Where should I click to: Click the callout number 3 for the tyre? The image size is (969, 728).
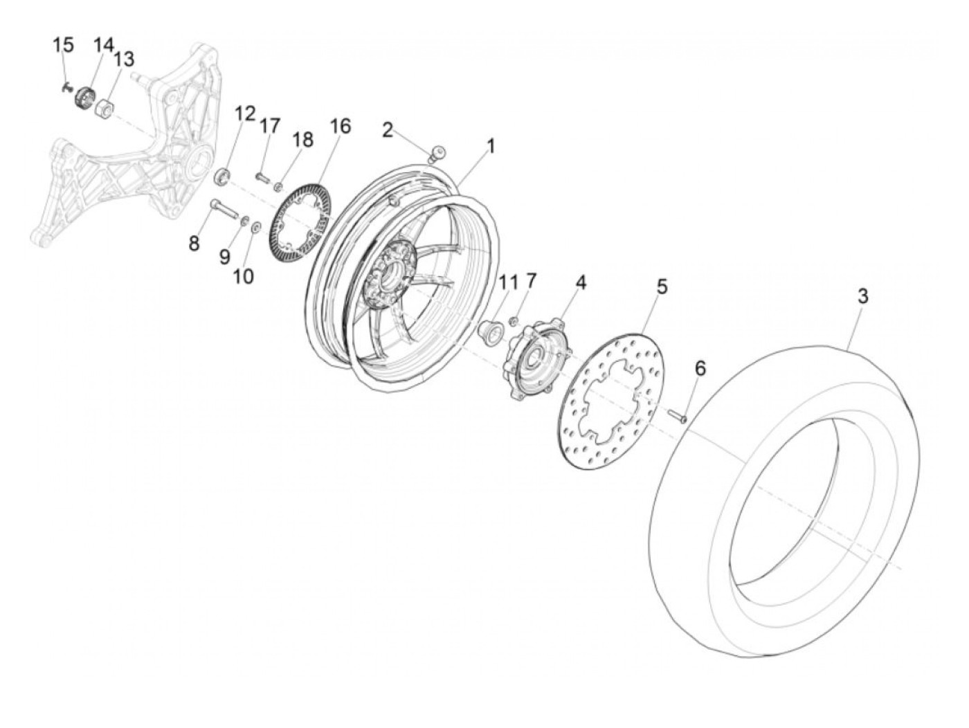[x=862, y=296]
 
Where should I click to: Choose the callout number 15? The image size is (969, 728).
[x=63, y=46]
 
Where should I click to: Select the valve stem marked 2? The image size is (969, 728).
[x=437, y=155]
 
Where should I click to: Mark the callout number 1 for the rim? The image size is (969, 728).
[x=491, y=146]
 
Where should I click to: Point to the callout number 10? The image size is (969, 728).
[x=243, y=276]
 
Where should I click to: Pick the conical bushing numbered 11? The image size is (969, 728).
[x=491, y=331]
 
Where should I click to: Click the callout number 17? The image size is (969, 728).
[x=270, y=126]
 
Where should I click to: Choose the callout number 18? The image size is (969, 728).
[x=302, y=139]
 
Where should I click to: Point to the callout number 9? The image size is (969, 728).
[x=224, y=256]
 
